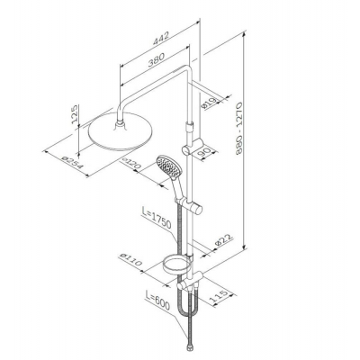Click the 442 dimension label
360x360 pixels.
pyautogui.click(x=161, y=38)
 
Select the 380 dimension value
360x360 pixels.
pyautogui.click(x=157, y=59)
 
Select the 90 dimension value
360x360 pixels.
pyautogui.click(x=204, y=152)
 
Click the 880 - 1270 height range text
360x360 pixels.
pyautogui.click(x=239, y=129)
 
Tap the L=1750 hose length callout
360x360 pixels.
pyautogui.click(x=157, y=218)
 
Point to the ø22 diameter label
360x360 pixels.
pyautogui.click(x=224, y=242)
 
